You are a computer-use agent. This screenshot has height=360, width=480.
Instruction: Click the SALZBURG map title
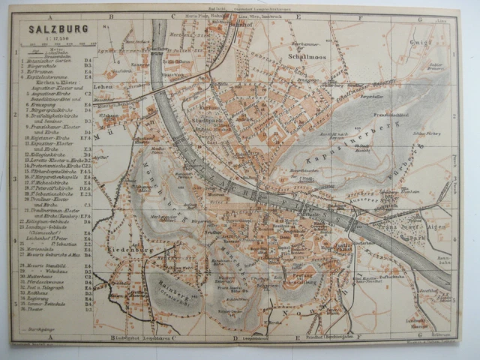point(58,28)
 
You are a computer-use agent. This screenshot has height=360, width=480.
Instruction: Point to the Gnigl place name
point(421,43)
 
